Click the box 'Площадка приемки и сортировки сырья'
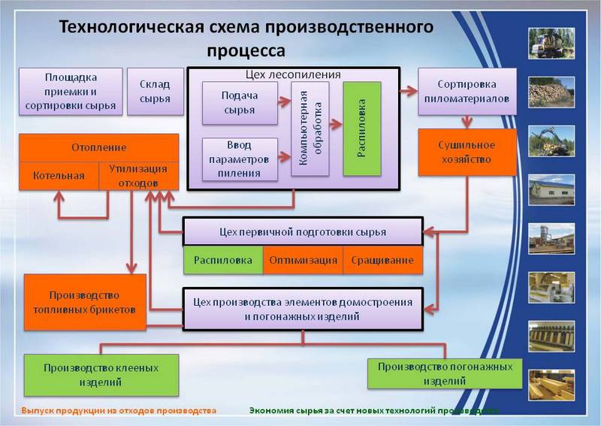[x=70, y=92]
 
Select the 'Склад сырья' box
[x=155, y=92]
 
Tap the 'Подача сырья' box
[x=239, y=103]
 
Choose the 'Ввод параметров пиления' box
[x=239, y=159]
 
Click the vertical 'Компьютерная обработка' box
[x=310, y=128]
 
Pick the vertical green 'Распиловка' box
[x=362, y=128]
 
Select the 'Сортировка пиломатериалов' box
[x=467, y=92]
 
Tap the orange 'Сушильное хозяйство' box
[x=467, y=152]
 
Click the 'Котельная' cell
[x=58, y=177]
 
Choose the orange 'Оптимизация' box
[x=303, y=261]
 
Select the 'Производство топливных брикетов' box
[x=85, y=302]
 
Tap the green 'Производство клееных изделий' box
[x=101, y=375]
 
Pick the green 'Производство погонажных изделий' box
[x=445, y=373]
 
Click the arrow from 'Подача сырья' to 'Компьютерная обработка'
[x=283, y=103]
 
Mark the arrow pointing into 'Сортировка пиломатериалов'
[x=408, y=91]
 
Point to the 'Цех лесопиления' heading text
[x=293, y=74]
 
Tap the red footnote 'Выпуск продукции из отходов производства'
[x=119, y=411]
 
